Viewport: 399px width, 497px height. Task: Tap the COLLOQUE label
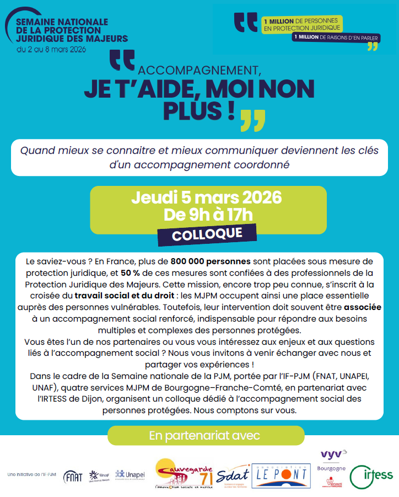coord(207,234)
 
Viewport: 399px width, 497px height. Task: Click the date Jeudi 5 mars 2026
coord(207,197)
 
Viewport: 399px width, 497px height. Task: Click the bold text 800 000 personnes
coord(211,261)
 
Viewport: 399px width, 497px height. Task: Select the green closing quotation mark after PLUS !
coord(253,120)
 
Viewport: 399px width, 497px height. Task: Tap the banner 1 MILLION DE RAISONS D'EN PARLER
coord(336,37)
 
